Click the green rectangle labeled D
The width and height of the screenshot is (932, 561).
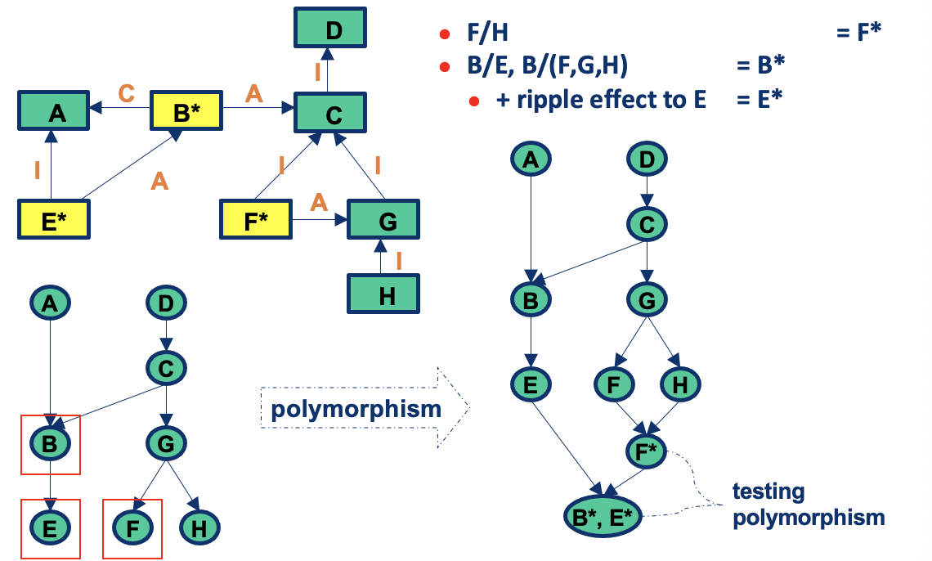(x=330, y=32)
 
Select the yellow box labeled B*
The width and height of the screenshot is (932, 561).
(x=186, y=113)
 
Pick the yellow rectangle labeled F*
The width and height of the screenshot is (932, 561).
(x=256, y=220)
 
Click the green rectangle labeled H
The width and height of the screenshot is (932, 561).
(x=384, y=294)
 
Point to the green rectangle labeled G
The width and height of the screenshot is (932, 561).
(x=384, y=220)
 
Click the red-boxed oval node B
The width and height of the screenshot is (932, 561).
(x=51, y=444)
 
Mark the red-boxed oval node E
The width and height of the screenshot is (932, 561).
(x=51, y=528)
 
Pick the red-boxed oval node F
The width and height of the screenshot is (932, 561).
(x=132, y=528)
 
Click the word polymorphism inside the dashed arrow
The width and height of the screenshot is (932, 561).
(x=356, y=408)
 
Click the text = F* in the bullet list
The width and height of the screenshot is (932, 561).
(x=858, y=34)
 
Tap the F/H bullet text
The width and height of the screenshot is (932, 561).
(x=487, y=34)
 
